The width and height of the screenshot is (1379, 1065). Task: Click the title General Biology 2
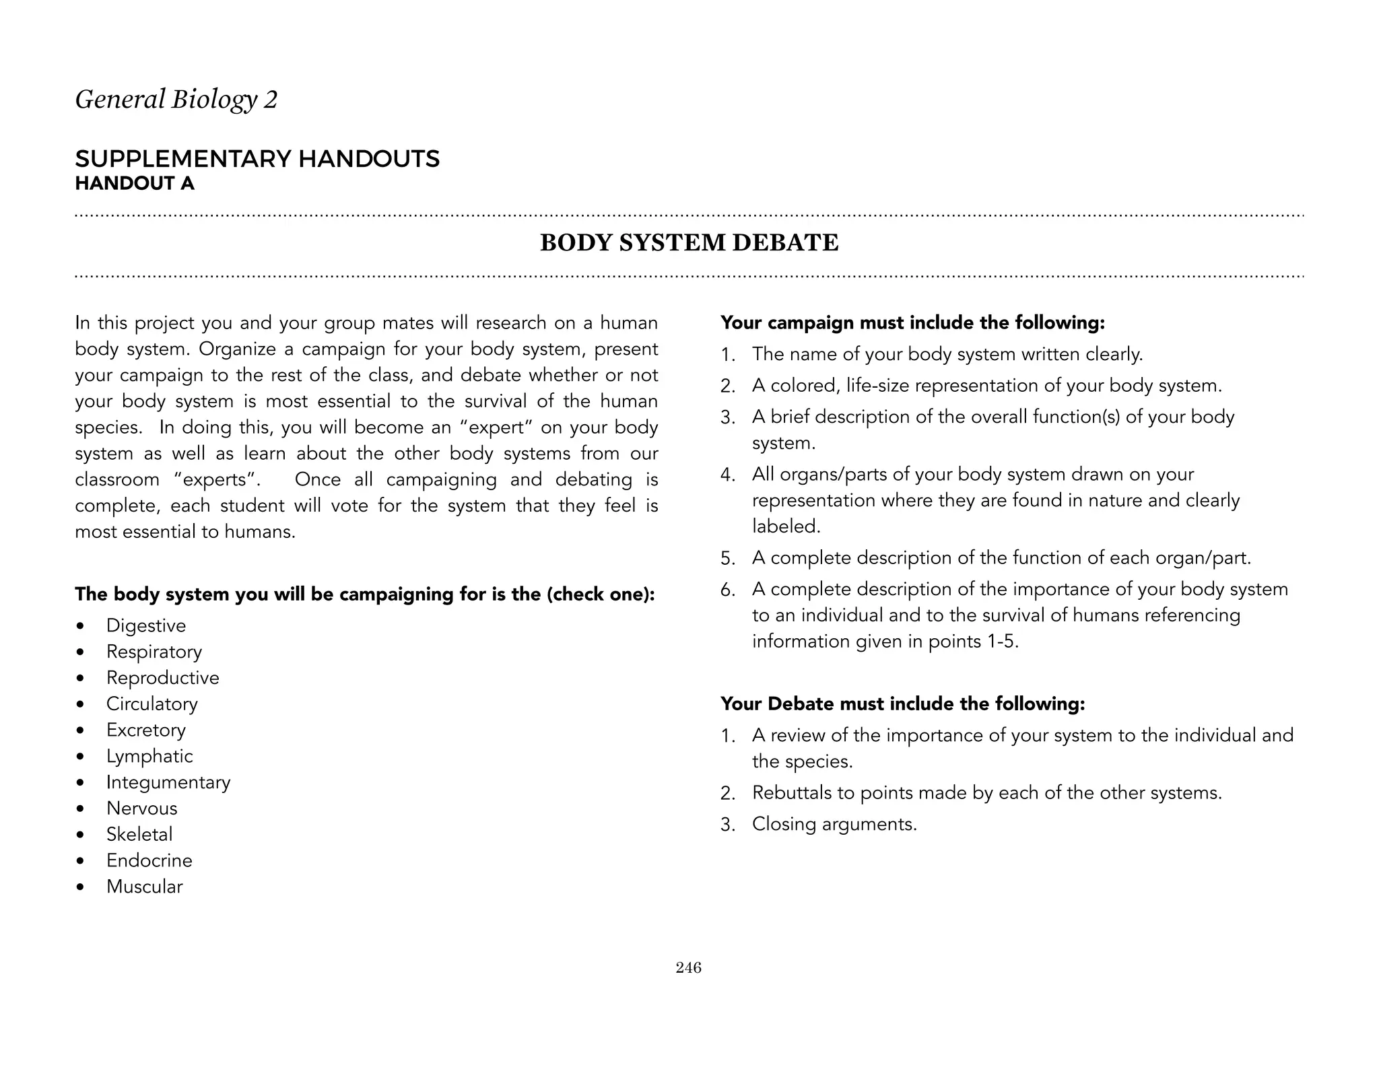pos(176,100)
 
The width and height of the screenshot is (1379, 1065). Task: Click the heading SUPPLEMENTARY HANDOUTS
pos(257,159)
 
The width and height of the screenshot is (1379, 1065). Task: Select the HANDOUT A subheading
pos(135,184)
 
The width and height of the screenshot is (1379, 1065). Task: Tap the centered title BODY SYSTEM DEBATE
pos(689,243)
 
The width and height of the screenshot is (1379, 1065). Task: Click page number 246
pos(688,967)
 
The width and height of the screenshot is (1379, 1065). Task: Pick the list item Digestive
pos(145,625)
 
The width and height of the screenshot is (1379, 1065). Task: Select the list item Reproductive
pos(162,677)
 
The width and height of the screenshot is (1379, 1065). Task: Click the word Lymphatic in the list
pos(149,756)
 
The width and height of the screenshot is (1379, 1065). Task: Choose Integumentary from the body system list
pos(168,782)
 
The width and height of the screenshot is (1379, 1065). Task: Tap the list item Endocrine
pos(149,860)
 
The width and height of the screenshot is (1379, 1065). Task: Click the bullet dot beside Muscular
pos(81,887)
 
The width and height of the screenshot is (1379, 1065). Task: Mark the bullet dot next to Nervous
pos(81,809)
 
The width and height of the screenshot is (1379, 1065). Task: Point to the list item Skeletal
pos(139,834)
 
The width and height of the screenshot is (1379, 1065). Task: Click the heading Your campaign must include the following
pos(912,323)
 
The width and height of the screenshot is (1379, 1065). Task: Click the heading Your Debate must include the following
pos(902,704)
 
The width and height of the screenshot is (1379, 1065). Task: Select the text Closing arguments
pos(834,824)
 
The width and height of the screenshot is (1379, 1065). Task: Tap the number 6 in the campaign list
pos(727,590)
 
